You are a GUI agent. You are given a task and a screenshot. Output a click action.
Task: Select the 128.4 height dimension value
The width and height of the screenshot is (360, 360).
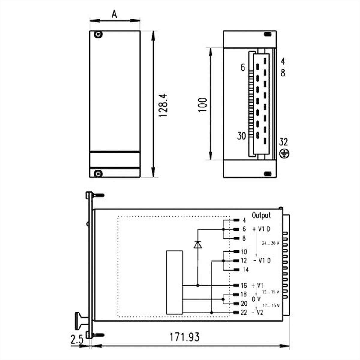coord(163,105)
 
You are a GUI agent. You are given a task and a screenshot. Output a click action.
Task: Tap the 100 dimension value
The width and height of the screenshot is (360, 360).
coord(203,105)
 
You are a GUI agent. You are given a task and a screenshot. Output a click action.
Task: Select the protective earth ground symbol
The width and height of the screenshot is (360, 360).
coord(284,154)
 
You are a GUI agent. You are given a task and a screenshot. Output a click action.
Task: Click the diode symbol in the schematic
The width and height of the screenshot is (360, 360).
coord(198,244)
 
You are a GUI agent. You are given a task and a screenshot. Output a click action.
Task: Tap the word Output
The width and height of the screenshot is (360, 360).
coord(261,215)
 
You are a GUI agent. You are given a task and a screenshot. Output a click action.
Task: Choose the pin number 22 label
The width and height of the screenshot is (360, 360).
coord(244,312)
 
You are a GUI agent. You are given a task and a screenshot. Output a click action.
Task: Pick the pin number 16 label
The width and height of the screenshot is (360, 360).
coord(244,286)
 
